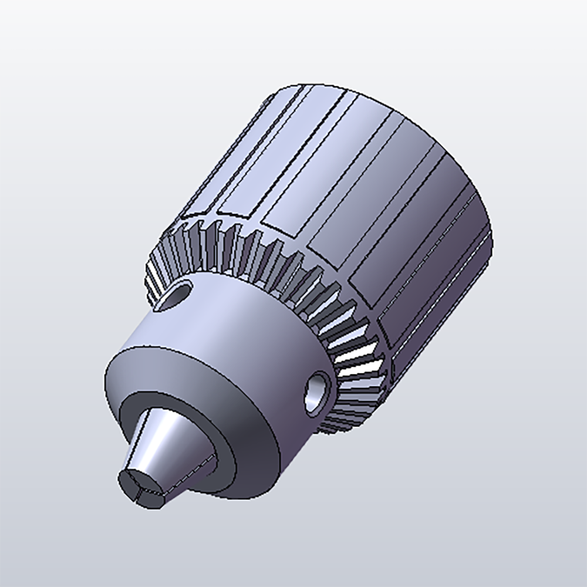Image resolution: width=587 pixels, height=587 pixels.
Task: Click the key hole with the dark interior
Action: coord(179,292)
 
